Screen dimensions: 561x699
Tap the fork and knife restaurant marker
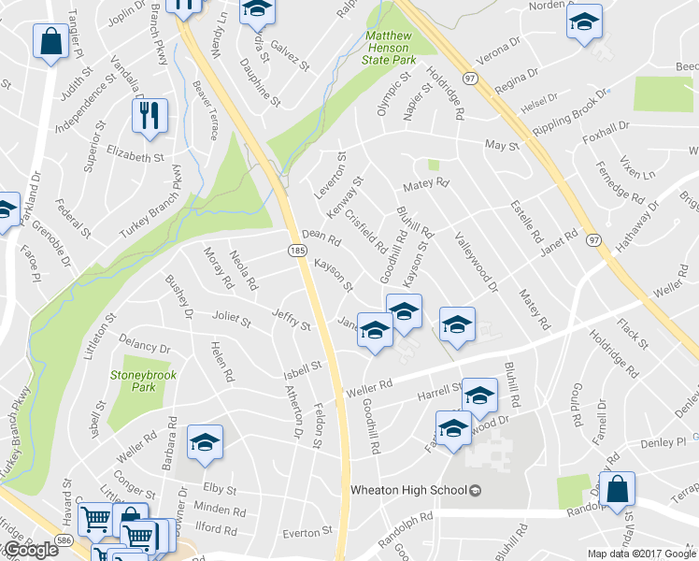(150, 117)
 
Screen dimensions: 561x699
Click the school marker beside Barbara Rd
(206, 443)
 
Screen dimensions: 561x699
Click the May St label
(501, 145)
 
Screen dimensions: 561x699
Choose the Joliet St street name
(232, 320)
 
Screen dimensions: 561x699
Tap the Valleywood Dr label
(477, 263)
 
